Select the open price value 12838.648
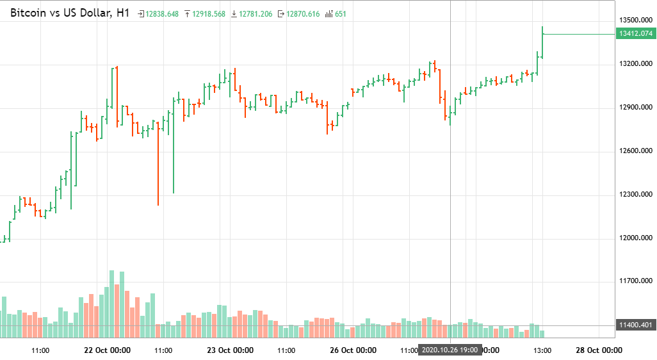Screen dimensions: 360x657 [162, 14]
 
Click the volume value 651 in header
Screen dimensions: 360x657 [340, 14]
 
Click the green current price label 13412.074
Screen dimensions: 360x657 [635, 34]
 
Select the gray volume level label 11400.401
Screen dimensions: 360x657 [635, 325]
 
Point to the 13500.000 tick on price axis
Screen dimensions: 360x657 [635, 20]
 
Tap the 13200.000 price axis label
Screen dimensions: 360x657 [635, 64]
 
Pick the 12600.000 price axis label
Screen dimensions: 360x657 [635, 151]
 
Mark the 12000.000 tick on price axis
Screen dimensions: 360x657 [635, 238]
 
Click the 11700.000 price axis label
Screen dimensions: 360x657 [635, 281]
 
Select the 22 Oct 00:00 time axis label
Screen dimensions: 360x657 [108, 350]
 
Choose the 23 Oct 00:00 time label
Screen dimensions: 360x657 [230, 350]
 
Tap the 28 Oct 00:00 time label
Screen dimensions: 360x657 [599, 350]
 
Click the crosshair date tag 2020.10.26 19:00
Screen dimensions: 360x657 [450, 350]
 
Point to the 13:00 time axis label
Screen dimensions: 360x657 [542, 350]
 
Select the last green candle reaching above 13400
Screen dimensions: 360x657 [542, 42]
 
